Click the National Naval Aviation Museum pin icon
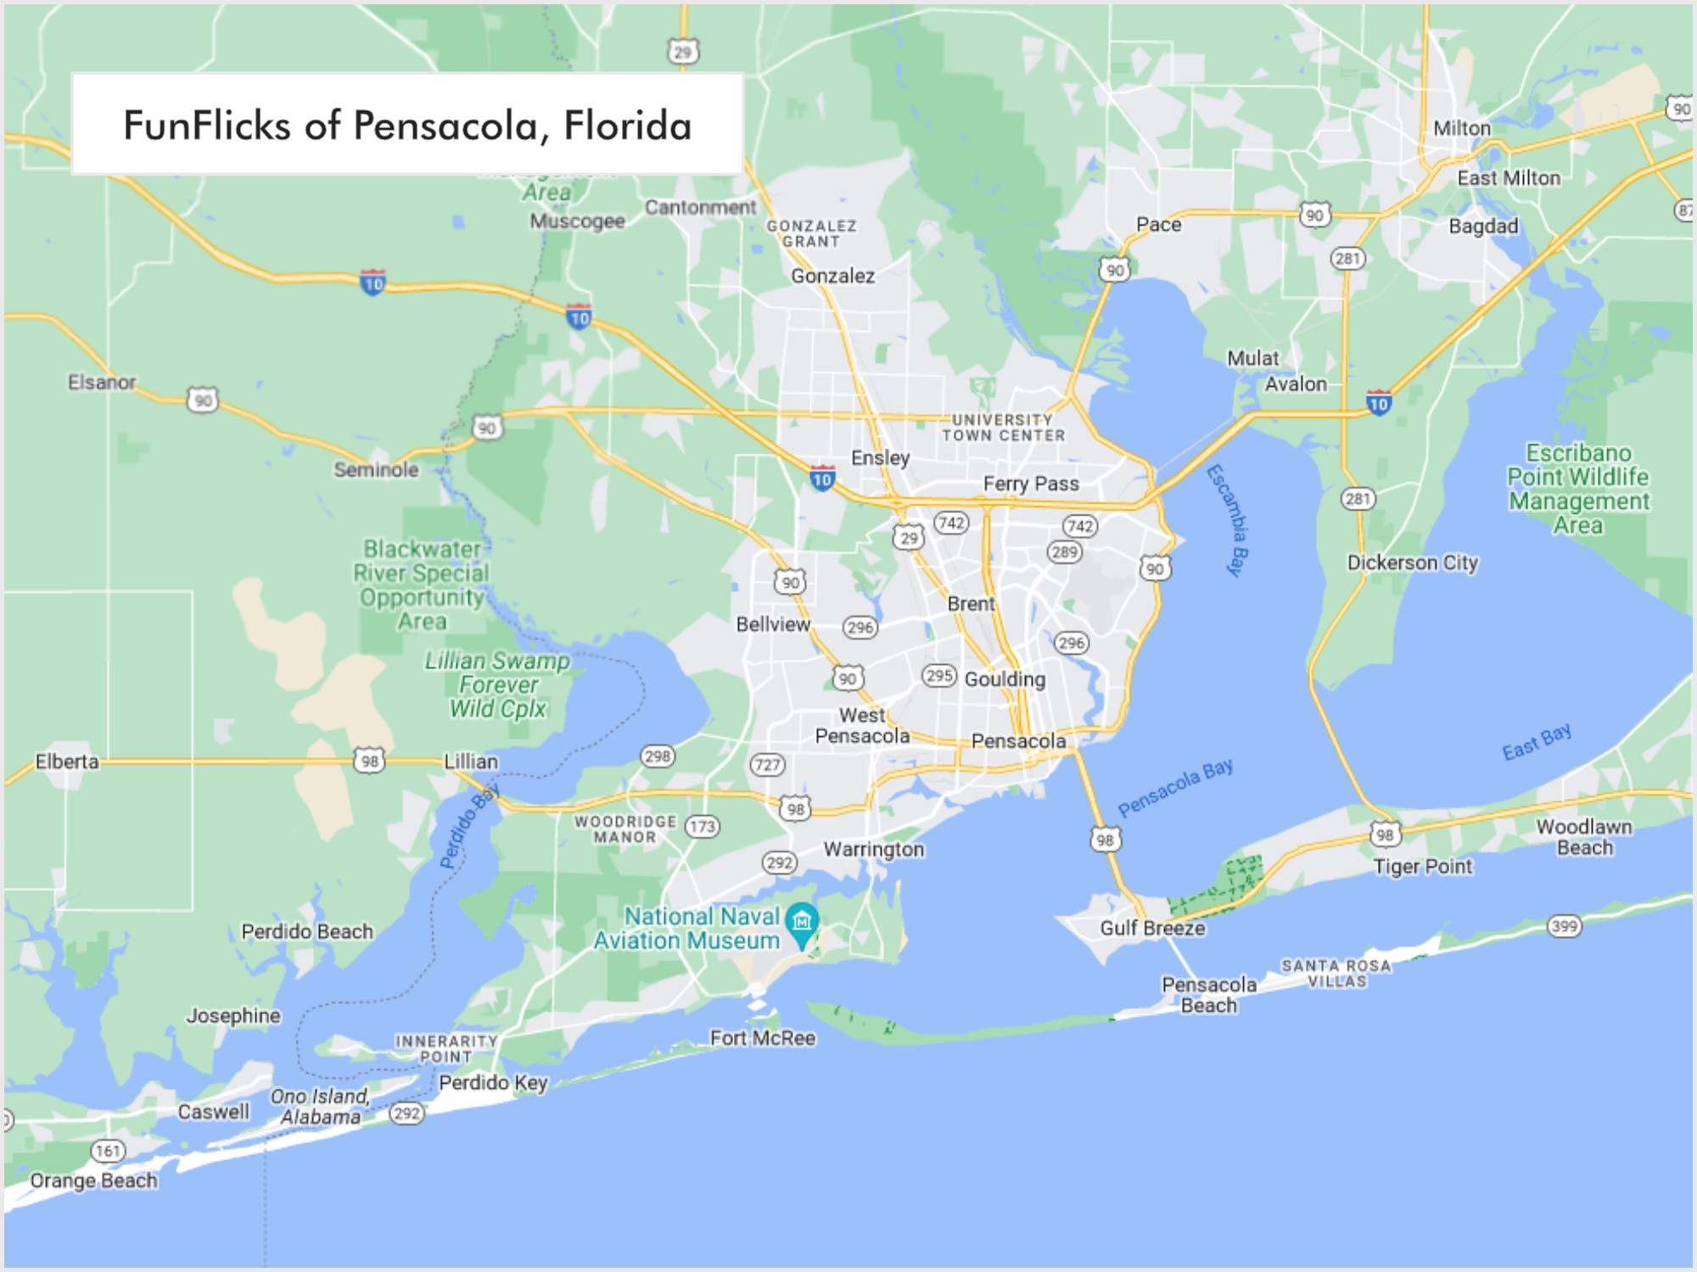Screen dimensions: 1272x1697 (802, 923)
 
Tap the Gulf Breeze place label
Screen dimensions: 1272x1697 (1152, 928)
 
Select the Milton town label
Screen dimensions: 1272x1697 (1461, 128)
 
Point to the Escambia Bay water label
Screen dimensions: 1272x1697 (1229, 520)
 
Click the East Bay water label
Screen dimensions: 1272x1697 (1537, 742)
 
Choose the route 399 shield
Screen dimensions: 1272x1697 (1564, 926)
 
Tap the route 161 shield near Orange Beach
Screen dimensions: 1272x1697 (108, 1151)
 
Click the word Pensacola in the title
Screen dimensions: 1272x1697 (445, 126)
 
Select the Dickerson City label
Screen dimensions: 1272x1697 (1412, 563)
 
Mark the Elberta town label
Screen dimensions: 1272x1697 (67, 762)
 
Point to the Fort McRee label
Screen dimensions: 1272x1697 (762, 1038)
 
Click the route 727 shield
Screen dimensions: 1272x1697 (767, 765)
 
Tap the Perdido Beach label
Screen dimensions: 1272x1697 (307, 931)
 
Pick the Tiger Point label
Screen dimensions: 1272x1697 (1423, 867)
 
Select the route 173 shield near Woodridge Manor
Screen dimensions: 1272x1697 (703, 826)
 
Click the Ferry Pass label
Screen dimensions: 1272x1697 (1031, 483)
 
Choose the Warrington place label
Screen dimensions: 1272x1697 (874, 849)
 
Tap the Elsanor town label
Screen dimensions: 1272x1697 (102, 382)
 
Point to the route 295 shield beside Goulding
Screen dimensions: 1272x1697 (939, 676)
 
